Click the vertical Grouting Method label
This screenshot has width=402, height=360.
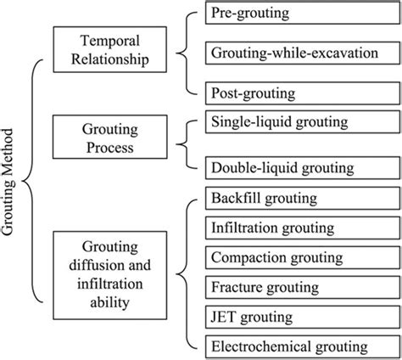pyautogui.click(x=12, y=183)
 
